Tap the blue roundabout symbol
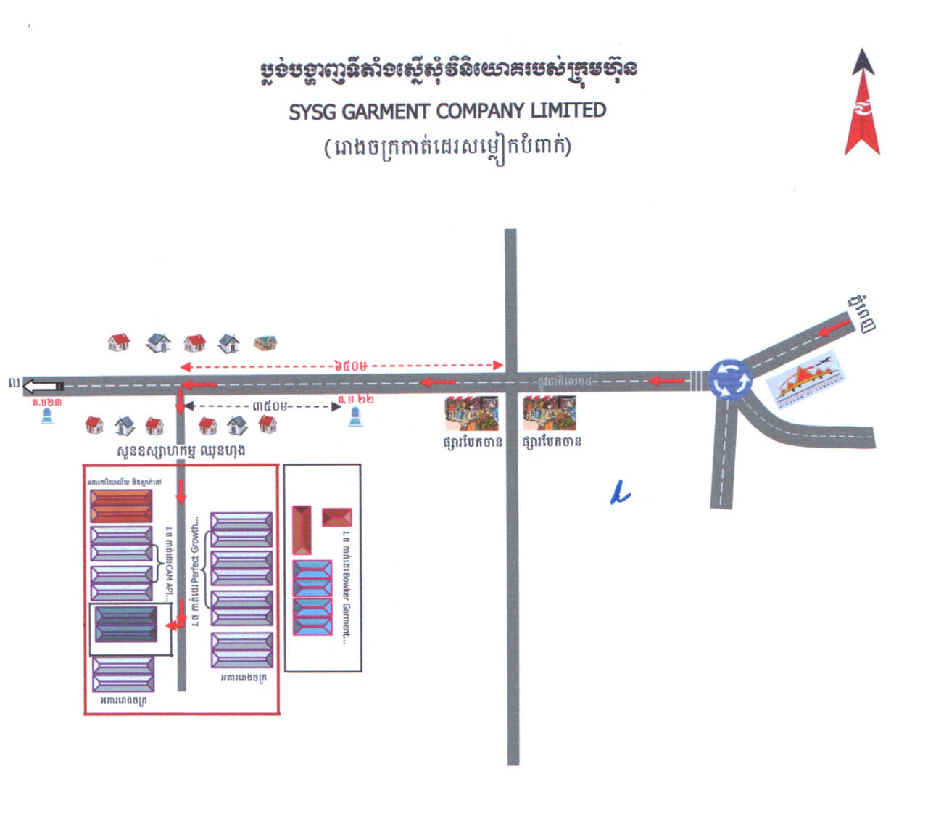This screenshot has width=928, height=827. pos(730,379)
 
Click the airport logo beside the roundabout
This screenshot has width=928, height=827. pos(803,379)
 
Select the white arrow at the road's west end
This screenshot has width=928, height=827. pos(43,386)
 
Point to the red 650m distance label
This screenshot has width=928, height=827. pos(351,365)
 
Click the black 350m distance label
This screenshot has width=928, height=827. pos(270,406)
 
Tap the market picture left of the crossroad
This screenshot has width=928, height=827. pos(471,413)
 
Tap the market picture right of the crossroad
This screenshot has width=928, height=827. pos(550,413)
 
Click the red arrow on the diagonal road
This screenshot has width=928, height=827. pos(834,329)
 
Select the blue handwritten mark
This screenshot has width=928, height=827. pos(619,494)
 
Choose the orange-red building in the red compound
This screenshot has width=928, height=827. pos(121,506)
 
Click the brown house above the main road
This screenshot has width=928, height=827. pos(265,342)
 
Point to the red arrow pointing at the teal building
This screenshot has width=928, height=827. pos(177,624)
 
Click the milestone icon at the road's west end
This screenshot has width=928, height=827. pos(47,416)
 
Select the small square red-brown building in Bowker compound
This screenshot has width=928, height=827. pos(336,517)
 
